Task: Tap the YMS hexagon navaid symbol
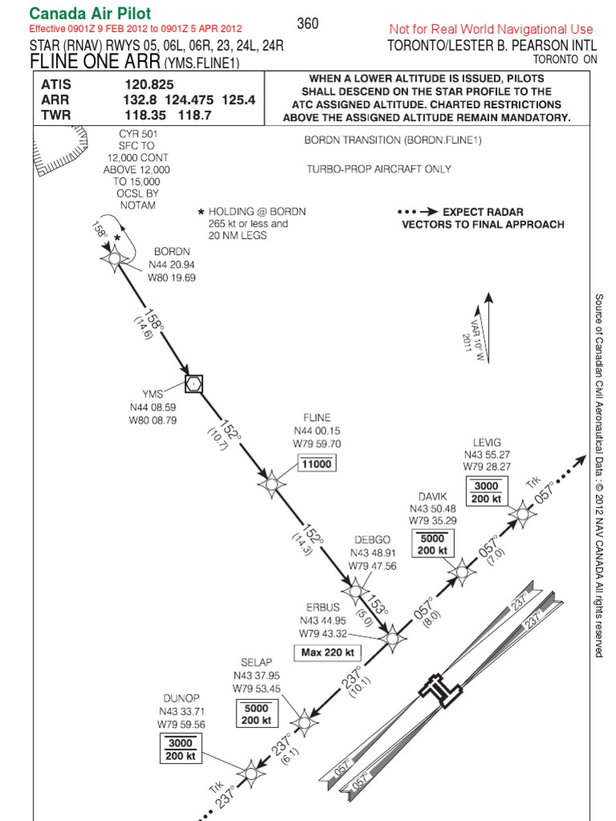[x=192, y=384]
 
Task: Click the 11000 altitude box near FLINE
[x=317, y=464]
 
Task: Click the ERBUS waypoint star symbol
[x=391, y=638]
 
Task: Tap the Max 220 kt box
[x=329, y=653]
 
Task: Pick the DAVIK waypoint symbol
[x=461, y=571]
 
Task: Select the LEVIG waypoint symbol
[x=522, y=512]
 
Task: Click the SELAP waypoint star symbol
[x=303, y=722]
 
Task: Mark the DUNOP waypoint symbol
[x=250, y=772]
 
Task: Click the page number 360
[x=308, y=23]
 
